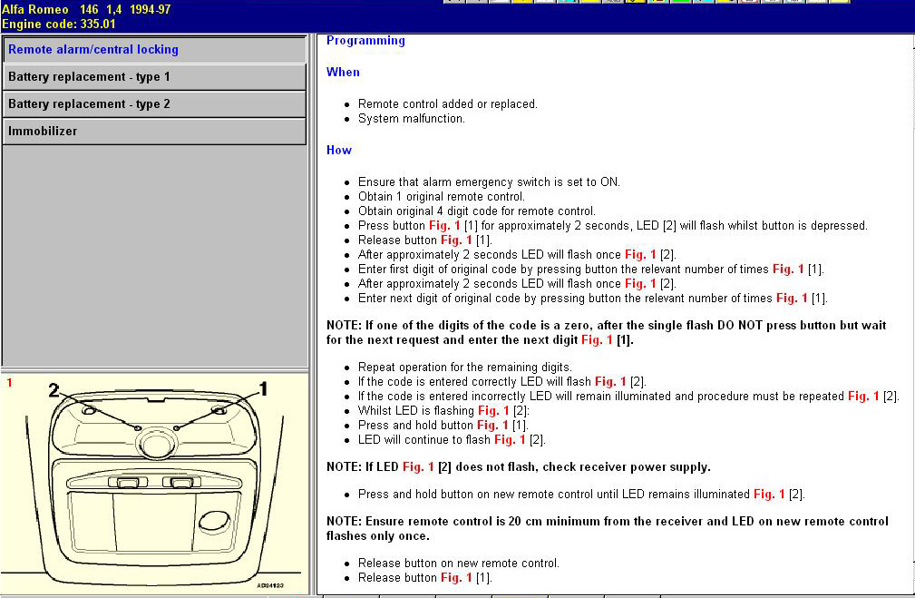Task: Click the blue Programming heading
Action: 365,41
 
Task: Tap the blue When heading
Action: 343,73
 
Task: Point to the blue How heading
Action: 339,151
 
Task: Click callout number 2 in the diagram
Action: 54,389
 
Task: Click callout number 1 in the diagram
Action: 264,388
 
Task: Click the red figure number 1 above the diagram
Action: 9,383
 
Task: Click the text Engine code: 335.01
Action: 59,24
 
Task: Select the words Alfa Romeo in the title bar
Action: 35,9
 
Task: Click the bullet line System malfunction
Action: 411,119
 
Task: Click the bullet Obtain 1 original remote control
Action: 441,197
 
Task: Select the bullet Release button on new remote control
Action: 458,564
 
